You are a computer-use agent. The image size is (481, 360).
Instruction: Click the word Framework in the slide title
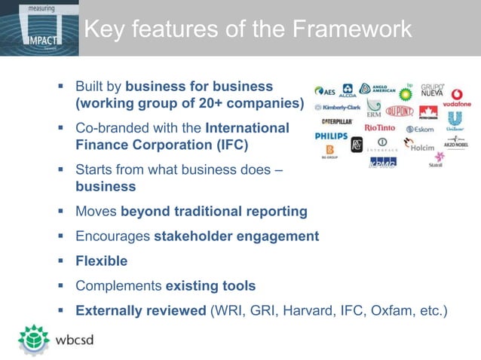(352, 29)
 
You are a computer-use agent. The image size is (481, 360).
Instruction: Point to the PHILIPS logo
(331, 136)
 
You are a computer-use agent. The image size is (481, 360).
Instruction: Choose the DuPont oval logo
(400, 111)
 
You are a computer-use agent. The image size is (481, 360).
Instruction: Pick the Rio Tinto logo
(379, 129)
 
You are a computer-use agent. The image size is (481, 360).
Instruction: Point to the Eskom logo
(420, 130)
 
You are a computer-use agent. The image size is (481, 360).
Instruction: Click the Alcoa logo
(348, 91)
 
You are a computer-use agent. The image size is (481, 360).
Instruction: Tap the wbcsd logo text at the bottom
(78, 339)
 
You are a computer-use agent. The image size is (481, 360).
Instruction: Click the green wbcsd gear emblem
(33, 338)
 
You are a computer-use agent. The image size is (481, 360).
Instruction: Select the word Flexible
(101, 261)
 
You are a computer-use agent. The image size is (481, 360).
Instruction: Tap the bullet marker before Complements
(60, 285)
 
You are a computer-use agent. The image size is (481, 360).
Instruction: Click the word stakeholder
(193, 236)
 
